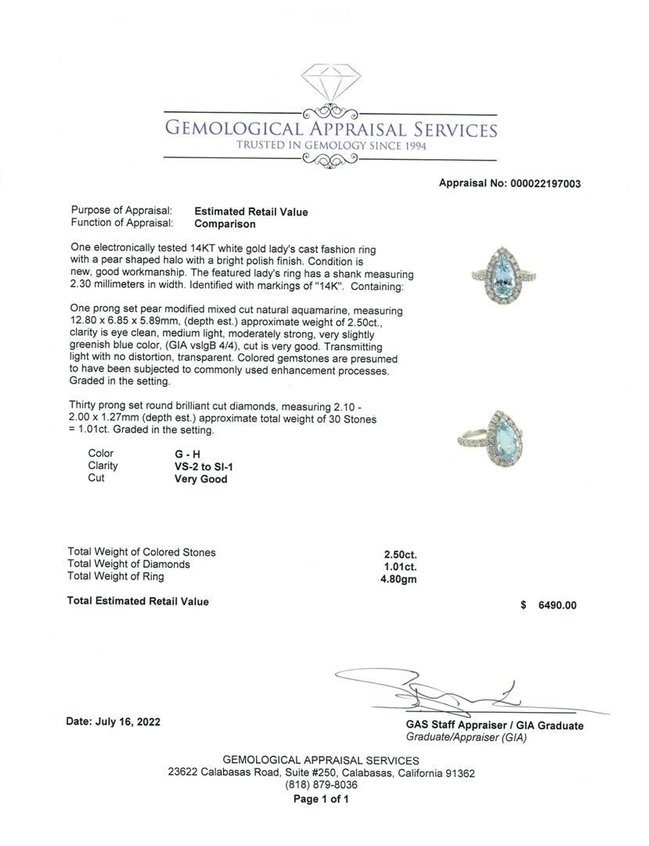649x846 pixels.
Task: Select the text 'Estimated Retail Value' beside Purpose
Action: point(251,211)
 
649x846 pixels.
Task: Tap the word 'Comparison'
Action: point(225,224)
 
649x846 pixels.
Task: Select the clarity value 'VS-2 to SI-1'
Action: point(204,466)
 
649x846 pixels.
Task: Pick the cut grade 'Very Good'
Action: point(200,479)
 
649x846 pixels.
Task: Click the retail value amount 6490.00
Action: point(557,605)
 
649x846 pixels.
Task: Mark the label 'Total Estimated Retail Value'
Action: point(139,601)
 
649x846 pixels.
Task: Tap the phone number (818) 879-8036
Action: point(321,785)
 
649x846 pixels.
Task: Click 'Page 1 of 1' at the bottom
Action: point(321,799)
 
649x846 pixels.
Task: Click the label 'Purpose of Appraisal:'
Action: point(121,211)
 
